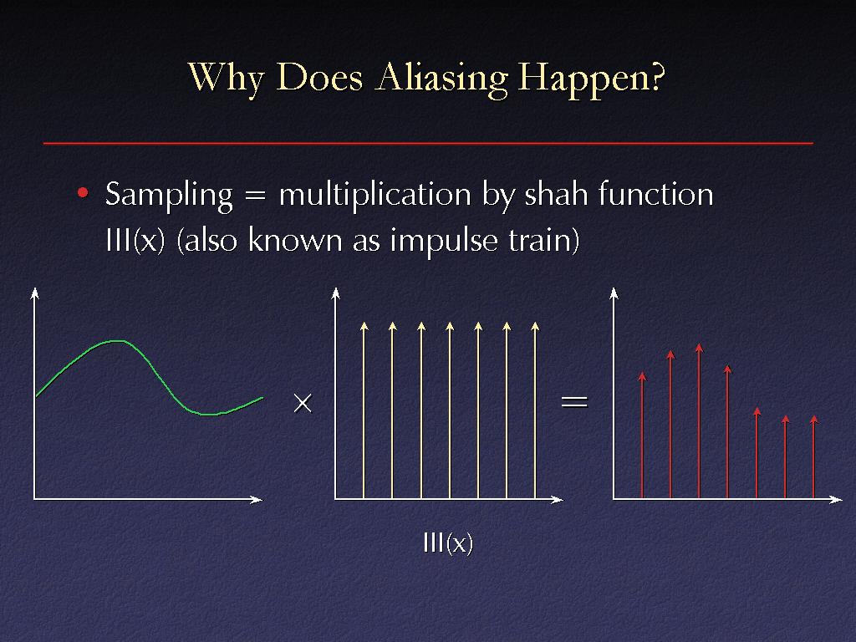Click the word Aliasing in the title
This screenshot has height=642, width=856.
pyautogui.click(x=441, y=78)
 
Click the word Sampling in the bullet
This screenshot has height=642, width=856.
pyautogui.click(x=169, y=196)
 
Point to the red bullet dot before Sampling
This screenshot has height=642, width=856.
pyautogui.click(x=83, y=193)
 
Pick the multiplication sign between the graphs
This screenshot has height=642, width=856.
pyautogui.click(x=303, y=404)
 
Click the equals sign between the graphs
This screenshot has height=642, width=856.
pyautogui.click(x=575, y=402)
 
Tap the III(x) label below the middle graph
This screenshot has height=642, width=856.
pyautogui.click(x=448, y=543)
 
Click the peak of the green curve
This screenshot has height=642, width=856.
pyautogui.click(x=117, y=341)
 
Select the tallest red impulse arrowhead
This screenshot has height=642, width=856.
pyautogui.click(x=700, y=348)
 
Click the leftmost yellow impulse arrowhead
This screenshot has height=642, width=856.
pyautogui.click(x=364, y=327)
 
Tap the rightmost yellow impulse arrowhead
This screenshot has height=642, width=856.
pyautogui.click(x=535, y=327)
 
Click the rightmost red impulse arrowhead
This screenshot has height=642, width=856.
pyautogui.click(x=814, y=420)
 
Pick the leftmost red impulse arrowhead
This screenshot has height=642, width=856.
pyautogui.click(x=643, y=376)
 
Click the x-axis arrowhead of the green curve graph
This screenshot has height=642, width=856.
pyautogui.click(x=256, y=499)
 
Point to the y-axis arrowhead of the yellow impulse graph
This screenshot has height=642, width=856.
pyautogui.click(x=336, y=293)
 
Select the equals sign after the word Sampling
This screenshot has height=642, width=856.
pyautogui.click(x=256, y=196)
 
